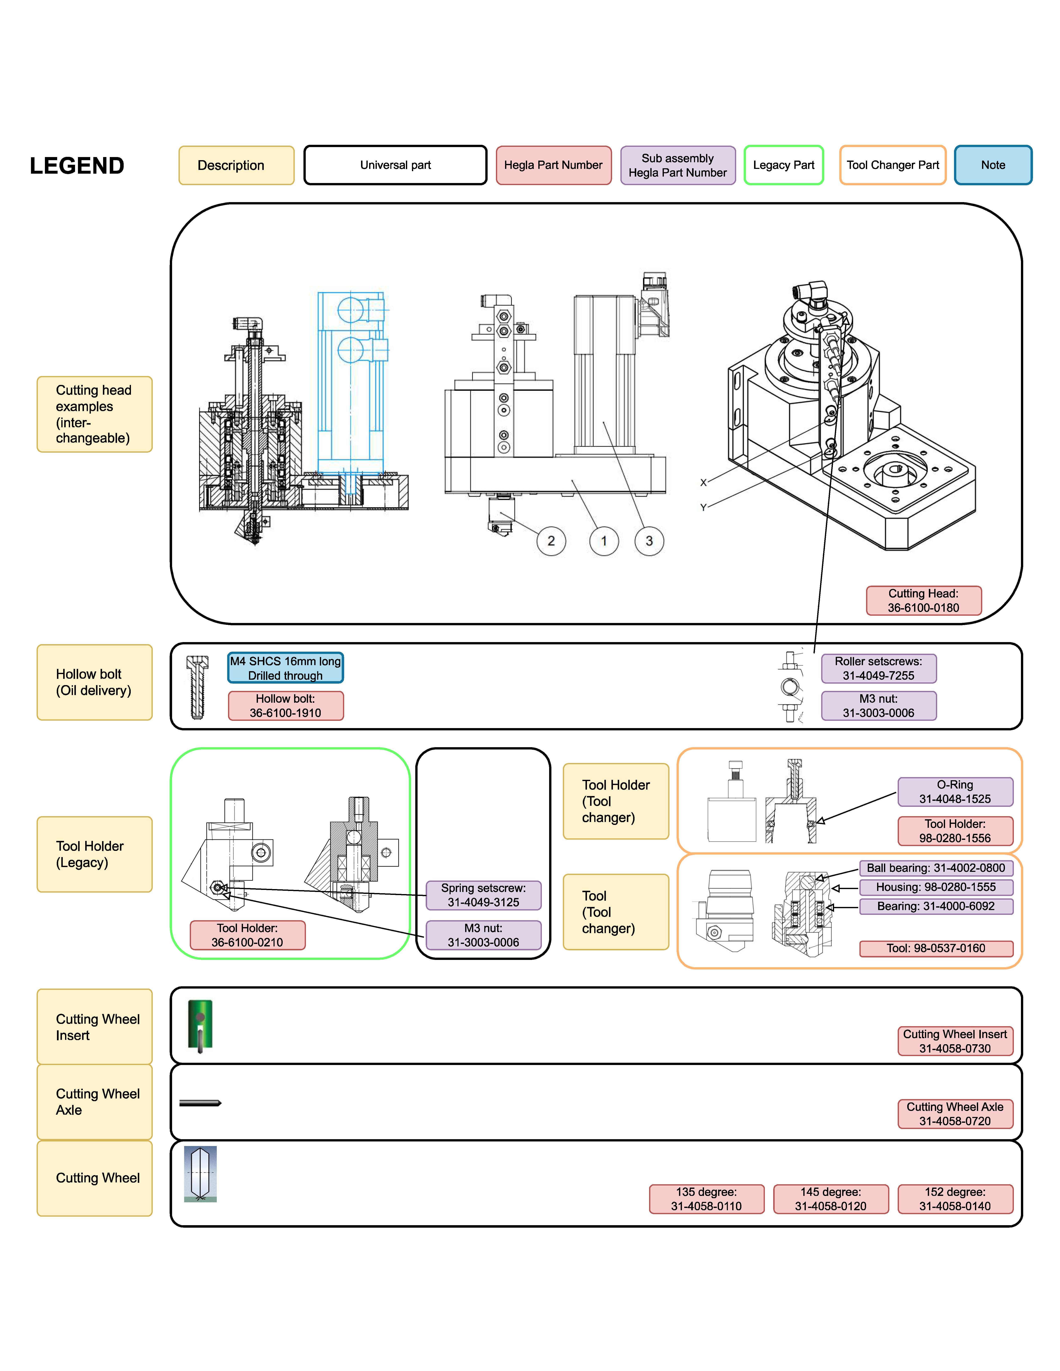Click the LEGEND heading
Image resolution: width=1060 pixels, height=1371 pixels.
(x=77, y=166)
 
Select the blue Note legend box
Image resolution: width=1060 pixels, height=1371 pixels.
(x=993, y=165)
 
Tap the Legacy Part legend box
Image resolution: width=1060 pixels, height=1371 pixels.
(x=783, y=165)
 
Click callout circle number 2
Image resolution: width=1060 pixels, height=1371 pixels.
(x=551, y=541)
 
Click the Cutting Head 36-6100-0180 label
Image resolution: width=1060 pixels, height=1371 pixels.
(x=923, y=601)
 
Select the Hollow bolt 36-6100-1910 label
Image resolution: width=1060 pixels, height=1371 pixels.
(x=286, y=706)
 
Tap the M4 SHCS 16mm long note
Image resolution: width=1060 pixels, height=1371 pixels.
(x=286, y=668)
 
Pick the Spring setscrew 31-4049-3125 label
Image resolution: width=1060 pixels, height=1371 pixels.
(x=483, y=895)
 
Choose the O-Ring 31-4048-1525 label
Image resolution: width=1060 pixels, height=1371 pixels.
(x=954, y=792)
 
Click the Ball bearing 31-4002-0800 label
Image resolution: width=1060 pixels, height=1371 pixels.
(x=936, y=868)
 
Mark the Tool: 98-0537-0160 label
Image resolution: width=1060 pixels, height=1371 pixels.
(x=936, y=948)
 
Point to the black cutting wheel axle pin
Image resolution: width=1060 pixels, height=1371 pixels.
(x=200, y=1103)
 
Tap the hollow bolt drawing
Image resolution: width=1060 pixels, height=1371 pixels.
(x=197, y=687)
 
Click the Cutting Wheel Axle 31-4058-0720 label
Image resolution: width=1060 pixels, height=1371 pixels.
(x=954, y=1114)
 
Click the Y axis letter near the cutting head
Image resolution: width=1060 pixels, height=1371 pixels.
(x=703, y=507)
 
